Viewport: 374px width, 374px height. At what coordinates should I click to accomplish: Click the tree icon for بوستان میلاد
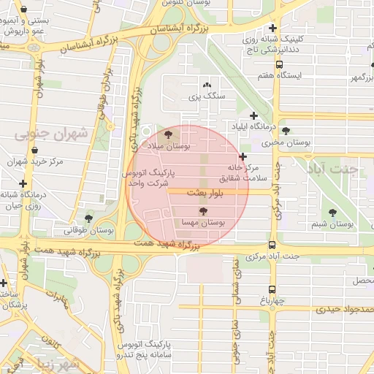(x=169, y=135)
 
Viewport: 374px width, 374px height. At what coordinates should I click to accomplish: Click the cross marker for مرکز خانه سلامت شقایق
(x=243, y=156)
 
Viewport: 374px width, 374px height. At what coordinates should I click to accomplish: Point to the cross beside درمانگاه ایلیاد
(x=253, y=115)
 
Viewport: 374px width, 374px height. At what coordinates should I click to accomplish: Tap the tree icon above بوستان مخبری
(x=286, y=131)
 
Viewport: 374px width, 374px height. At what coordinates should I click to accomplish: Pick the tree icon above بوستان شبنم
(x=332, y=213)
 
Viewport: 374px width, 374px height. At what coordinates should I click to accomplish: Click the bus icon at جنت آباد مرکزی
(x=272, y=245)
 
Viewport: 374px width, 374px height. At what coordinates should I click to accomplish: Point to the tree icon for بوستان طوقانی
(x=88, y=218)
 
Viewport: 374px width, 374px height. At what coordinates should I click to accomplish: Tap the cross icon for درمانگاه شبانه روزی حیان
(x=23, y=183)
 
